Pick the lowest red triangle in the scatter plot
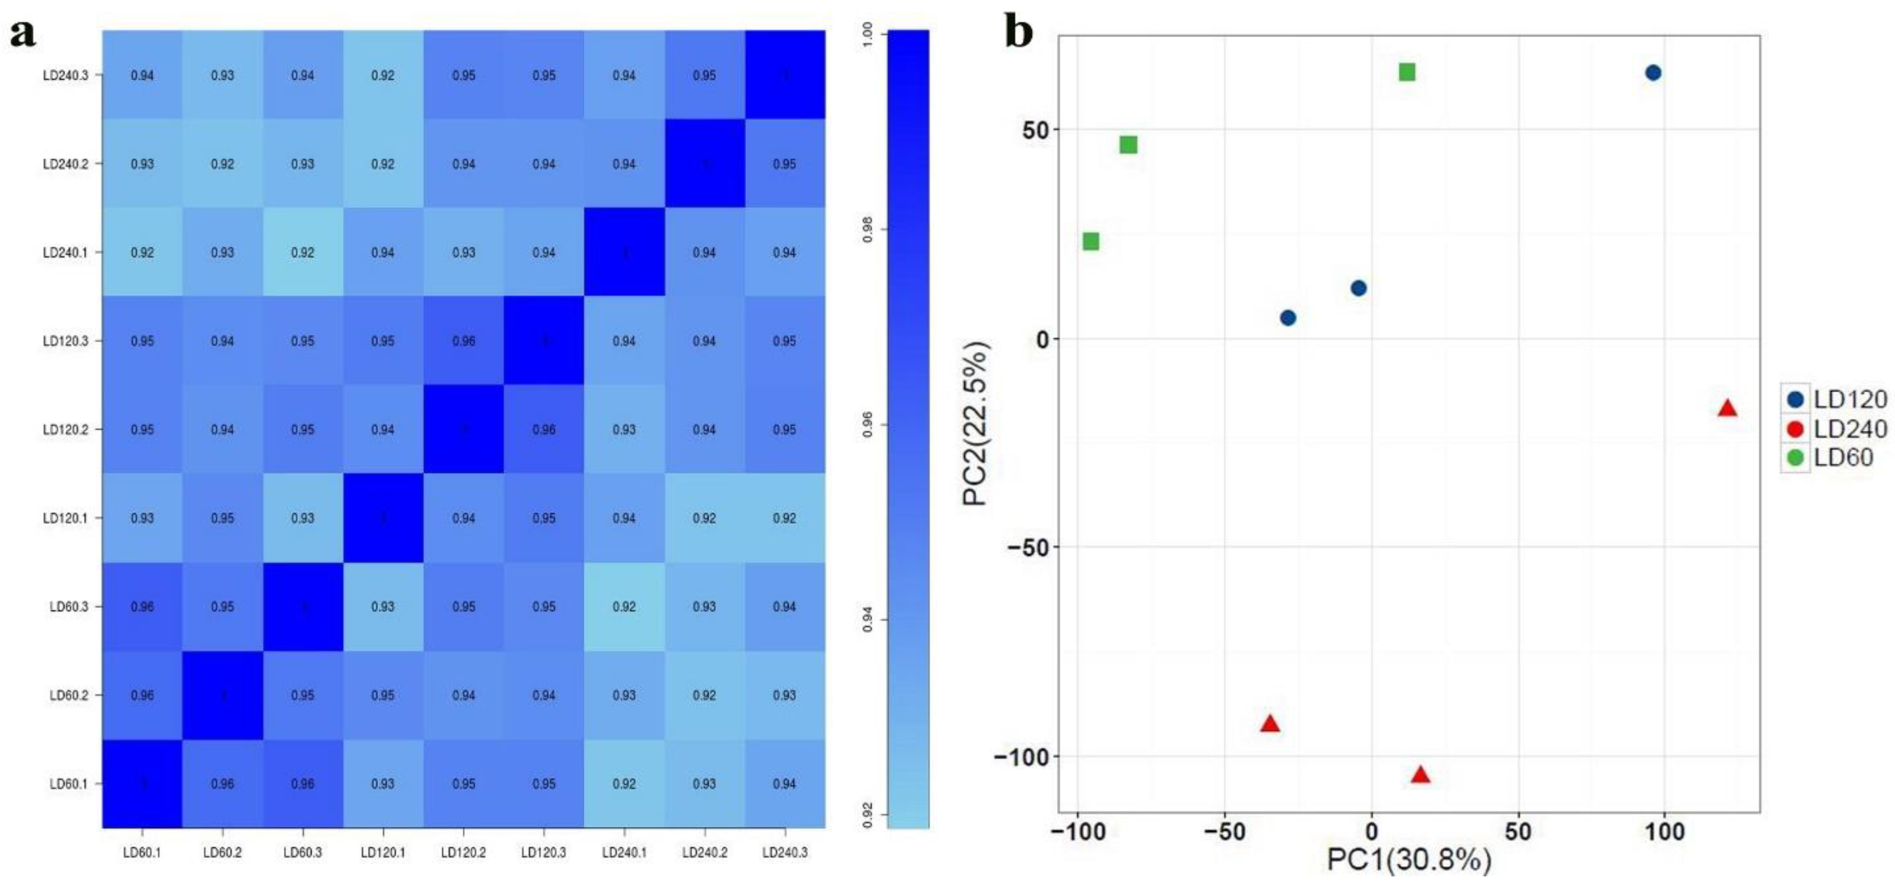tap(1420, 775)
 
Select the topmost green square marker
tap(1406, 72)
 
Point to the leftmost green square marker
tap(1091, 242)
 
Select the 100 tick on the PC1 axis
tap(1664, 832)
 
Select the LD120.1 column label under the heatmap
tap(383, 853)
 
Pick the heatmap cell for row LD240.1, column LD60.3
tap(302, 253)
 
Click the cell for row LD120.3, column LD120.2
tap(464, 341)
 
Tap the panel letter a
tap(22, 33)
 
